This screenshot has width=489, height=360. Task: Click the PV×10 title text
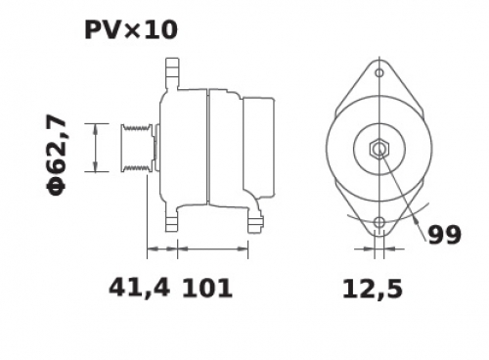tap(131, 30)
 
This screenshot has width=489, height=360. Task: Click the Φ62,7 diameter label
tap(56, 156)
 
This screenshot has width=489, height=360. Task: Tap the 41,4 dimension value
tap(139, 288)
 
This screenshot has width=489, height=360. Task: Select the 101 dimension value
tap(207, 289)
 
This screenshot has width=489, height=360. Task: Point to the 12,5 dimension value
tap(373, 290)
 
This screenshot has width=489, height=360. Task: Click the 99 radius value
tap(444, 235)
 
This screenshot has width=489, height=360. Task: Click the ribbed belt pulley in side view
tap(137, 148)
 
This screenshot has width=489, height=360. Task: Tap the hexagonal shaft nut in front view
tap(379, 150)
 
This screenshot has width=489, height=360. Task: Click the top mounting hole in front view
tap(379, 72)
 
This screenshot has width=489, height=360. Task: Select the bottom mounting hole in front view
tap(379, 222)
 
